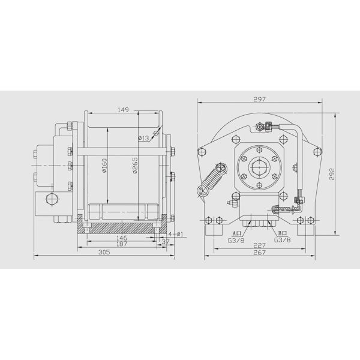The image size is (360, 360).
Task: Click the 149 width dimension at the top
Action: coord(123,110)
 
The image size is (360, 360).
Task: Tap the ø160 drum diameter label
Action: coord(104,165)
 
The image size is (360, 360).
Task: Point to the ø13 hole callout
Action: coord(143,139)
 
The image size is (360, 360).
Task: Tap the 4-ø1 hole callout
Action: coord(175,233)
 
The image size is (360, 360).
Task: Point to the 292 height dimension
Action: coord(332,174)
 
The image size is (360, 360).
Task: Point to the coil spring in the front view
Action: coord(212,179)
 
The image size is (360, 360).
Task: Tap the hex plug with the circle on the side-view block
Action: coord(49,200)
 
